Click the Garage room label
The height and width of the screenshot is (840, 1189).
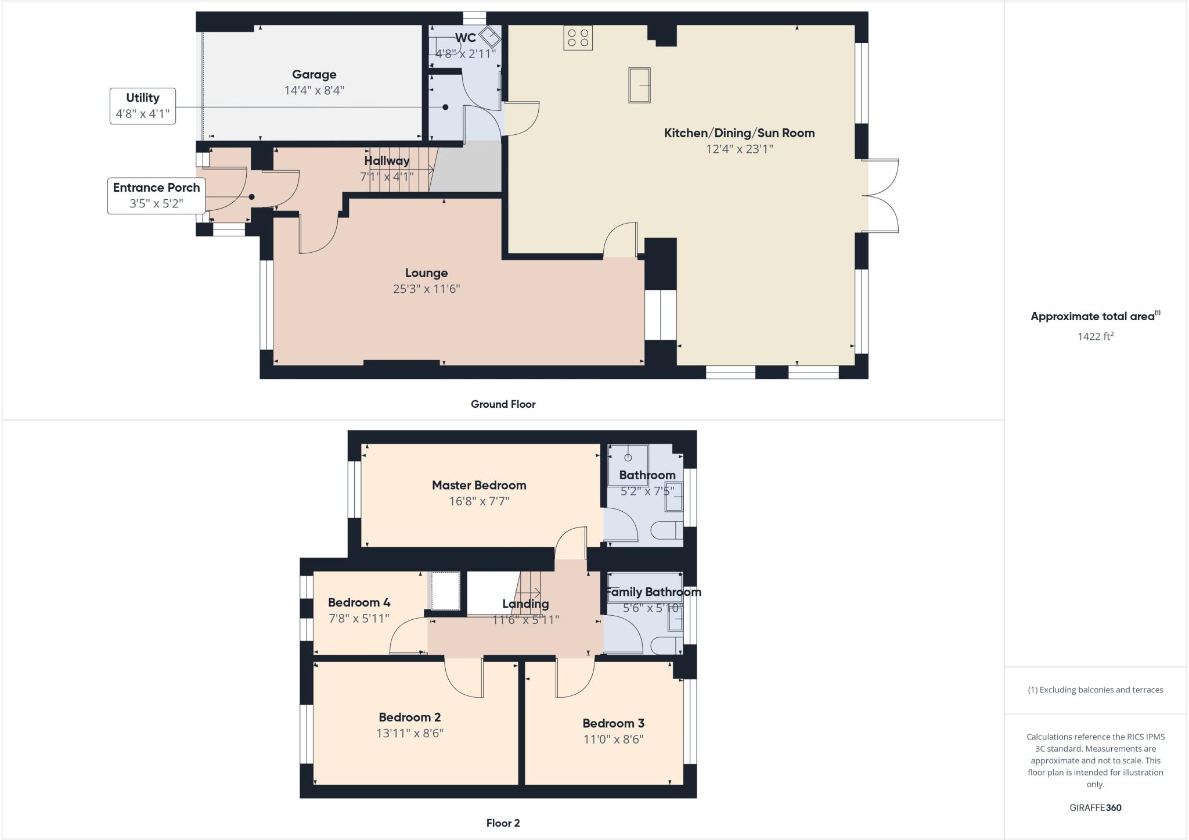coord(314,74)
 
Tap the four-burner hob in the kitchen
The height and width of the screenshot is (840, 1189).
coord(578,38)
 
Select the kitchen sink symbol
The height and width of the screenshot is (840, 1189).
coord(639,85)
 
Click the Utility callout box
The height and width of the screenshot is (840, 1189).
coord(143,106)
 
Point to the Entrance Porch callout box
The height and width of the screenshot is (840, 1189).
coord(156,195)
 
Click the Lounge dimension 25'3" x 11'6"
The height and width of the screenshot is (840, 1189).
coord(426,289)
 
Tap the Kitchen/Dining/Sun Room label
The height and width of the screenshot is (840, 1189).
coord(739,133)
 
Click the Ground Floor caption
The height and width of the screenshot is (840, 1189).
coord(503,404)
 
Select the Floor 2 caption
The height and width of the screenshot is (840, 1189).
coord(503,823)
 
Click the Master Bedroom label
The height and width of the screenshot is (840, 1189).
coord(479,485)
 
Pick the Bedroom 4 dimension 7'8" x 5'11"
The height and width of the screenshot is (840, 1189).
coord(359,618)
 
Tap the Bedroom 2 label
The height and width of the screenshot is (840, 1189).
coord(410,717)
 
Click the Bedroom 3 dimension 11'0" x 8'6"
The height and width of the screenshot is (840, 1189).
coord(614,739)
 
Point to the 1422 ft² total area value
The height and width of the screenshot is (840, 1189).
coord(1096,336)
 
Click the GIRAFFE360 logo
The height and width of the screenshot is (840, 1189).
coord(1096,807)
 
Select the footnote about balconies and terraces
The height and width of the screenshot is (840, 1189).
coord(1096,690)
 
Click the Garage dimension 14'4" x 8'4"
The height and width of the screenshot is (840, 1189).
coord(314,90)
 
